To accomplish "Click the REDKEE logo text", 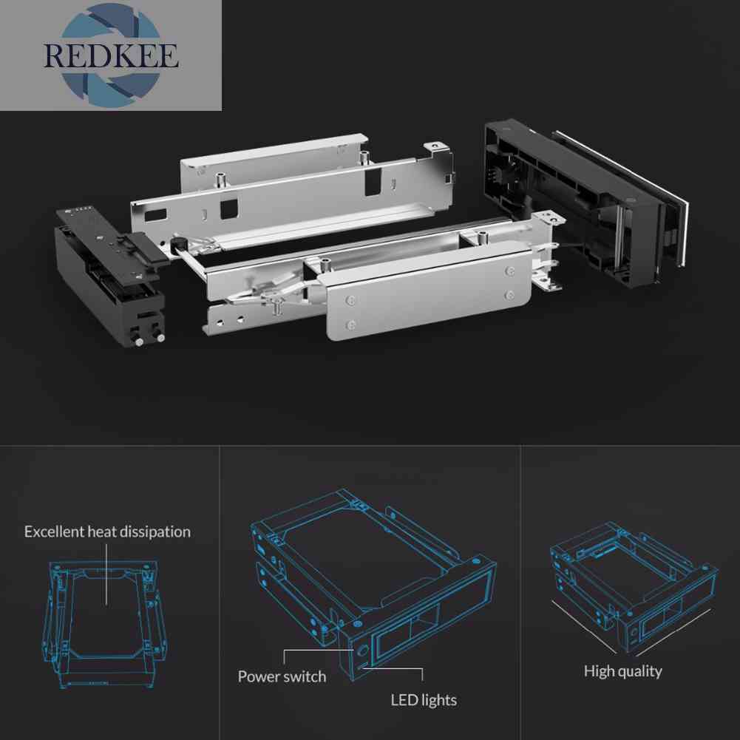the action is pyautogui.click(x=111, y=55).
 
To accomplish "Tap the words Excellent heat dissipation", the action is pyautogui.click(x=108, y=532).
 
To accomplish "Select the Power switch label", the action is pyautogui.click(x=282, y=676).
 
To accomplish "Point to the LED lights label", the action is pyautogui.click(x=424, y=700).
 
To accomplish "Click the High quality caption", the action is pyautogui.click(x=623, y=671).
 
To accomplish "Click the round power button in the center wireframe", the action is pyautogui.click(x=362, y=650).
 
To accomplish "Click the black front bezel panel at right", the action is pyautogui.click(x=585, y=203).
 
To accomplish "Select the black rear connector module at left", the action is pyautogui.click(x=112, y=276).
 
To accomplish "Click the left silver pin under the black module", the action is pyautogui.click(x=140, y=342).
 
